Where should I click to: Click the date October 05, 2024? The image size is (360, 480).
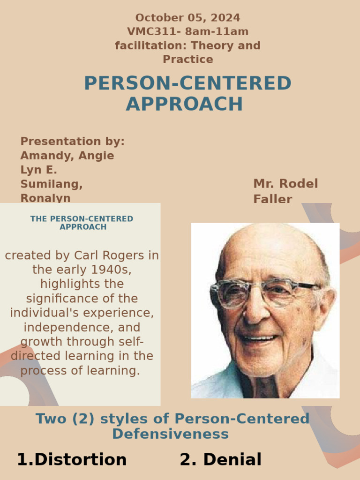187,18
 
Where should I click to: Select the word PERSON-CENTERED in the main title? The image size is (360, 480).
187,83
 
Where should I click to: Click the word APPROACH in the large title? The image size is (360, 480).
184,104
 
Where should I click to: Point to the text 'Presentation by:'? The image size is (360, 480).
72,141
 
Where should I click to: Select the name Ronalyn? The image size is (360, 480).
45,198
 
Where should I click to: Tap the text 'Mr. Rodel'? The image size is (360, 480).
285,183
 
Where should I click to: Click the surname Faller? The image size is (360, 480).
272,199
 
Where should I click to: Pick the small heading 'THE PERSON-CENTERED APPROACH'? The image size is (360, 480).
82,223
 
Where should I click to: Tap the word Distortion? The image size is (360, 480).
81,459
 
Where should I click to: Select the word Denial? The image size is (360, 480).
232,459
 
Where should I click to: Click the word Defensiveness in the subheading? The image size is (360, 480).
170,434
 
